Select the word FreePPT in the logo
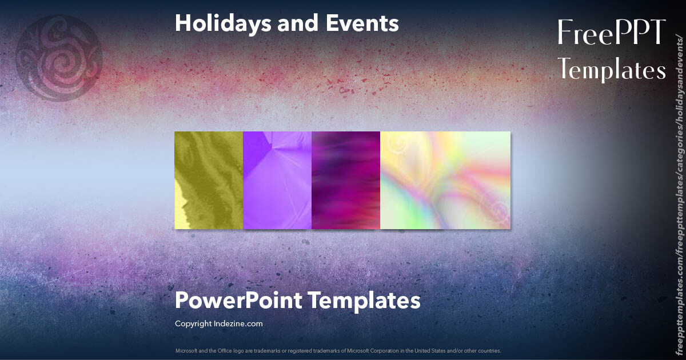tap(611, 33)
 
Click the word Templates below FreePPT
tap(612, 70)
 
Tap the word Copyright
tap(193, 323)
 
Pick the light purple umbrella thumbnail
tap(277, 180)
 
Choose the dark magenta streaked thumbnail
tap(346, 180)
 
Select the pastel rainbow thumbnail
tap(445, 180)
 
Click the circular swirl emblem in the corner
tap(59, 58)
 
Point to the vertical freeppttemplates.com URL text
tap(679, 194)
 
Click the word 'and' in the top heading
tap(284, 24)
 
